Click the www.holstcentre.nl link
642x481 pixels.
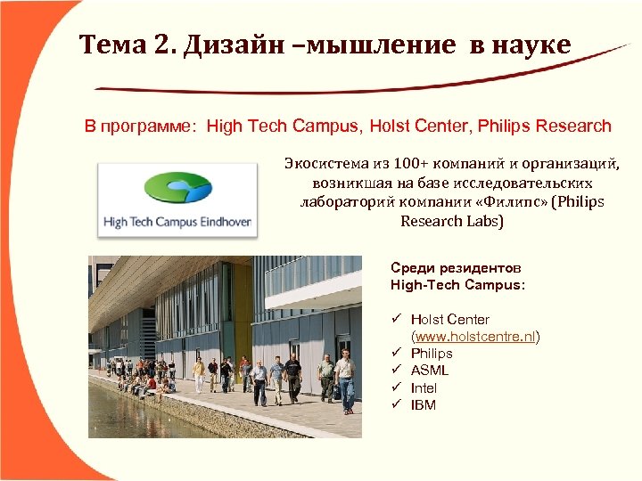point(474,337)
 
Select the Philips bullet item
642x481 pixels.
point(432,354)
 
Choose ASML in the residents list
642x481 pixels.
point(430,371)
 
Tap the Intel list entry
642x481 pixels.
point(424,387)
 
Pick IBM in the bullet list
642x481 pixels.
point(424,404)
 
